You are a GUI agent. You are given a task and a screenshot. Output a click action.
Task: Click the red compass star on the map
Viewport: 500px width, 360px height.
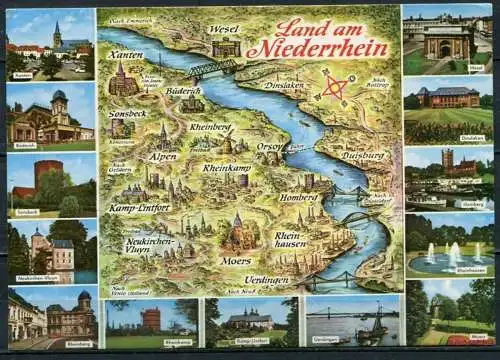click(337, 88)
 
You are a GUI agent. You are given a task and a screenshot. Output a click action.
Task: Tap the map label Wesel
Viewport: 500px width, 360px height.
click(225, 29)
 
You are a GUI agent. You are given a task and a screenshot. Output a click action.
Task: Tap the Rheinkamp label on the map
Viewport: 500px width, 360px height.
click(227, 169)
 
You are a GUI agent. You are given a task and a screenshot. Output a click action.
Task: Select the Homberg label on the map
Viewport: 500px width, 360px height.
click(297, 197)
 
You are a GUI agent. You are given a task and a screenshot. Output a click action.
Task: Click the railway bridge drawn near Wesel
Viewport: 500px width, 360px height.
click(211, 67)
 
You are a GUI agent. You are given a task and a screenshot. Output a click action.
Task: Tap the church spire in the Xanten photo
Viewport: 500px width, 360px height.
click(58, 32)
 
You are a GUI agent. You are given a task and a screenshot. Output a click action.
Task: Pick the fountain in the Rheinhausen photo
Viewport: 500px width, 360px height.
click(451, 254)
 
